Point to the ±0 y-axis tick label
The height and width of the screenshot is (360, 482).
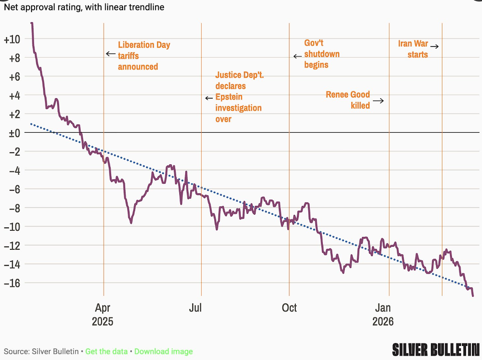point(12,133)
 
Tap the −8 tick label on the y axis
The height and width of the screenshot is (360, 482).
point(13,208)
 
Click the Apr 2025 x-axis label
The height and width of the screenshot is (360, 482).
point(103,314)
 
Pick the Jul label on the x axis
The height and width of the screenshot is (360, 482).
point(195,307)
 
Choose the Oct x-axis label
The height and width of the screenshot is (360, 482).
point(289,307)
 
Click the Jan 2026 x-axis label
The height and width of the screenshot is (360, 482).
point(383,314)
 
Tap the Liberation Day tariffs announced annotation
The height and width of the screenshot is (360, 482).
point(144,56)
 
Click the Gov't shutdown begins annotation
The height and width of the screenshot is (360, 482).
point(322,54)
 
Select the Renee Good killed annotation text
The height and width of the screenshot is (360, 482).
point(348,100)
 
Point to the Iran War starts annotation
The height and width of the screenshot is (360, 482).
point(413,49)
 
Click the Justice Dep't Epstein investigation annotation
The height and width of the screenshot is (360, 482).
point(238,96)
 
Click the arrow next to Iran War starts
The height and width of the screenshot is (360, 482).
point(434,47)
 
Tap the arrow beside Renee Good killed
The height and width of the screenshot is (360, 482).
point(378,101)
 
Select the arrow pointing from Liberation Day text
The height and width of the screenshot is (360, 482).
point(111,54)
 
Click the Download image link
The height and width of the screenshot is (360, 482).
point(163,351)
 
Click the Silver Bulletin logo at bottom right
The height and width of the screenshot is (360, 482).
point(435,349)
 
